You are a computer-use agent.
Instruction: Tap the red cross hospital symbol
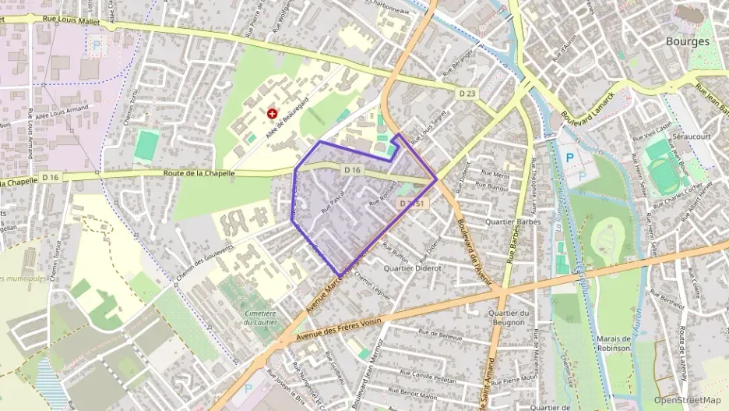tap(273, 114)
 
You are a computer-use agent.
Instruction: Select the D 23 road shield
tap(467, 94)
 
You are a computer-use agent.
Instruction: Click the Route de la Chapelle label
tap(199, 173)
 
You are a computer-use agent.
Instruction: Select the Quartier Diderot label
tap(413, 268)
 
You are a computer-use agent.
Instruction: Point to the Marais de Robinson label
tap(610, 344)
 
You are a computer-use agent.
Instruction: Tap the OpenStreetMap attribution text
tap(688, 400)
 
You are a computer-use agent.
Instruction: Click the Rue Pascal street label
tap(333, 205)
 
